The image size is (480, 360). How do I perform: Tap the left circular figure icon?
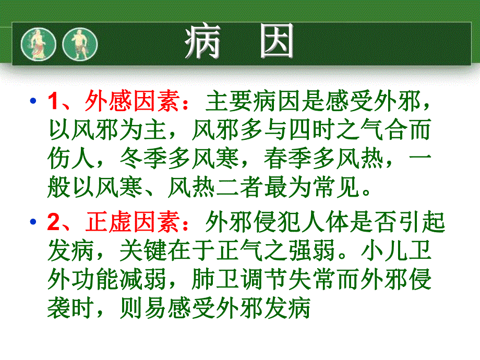pos(38,43)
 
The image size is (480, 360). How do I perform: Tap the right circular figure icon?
pos(80,43)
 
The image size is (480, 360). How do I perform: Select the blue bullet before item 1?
pos(34,100)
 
